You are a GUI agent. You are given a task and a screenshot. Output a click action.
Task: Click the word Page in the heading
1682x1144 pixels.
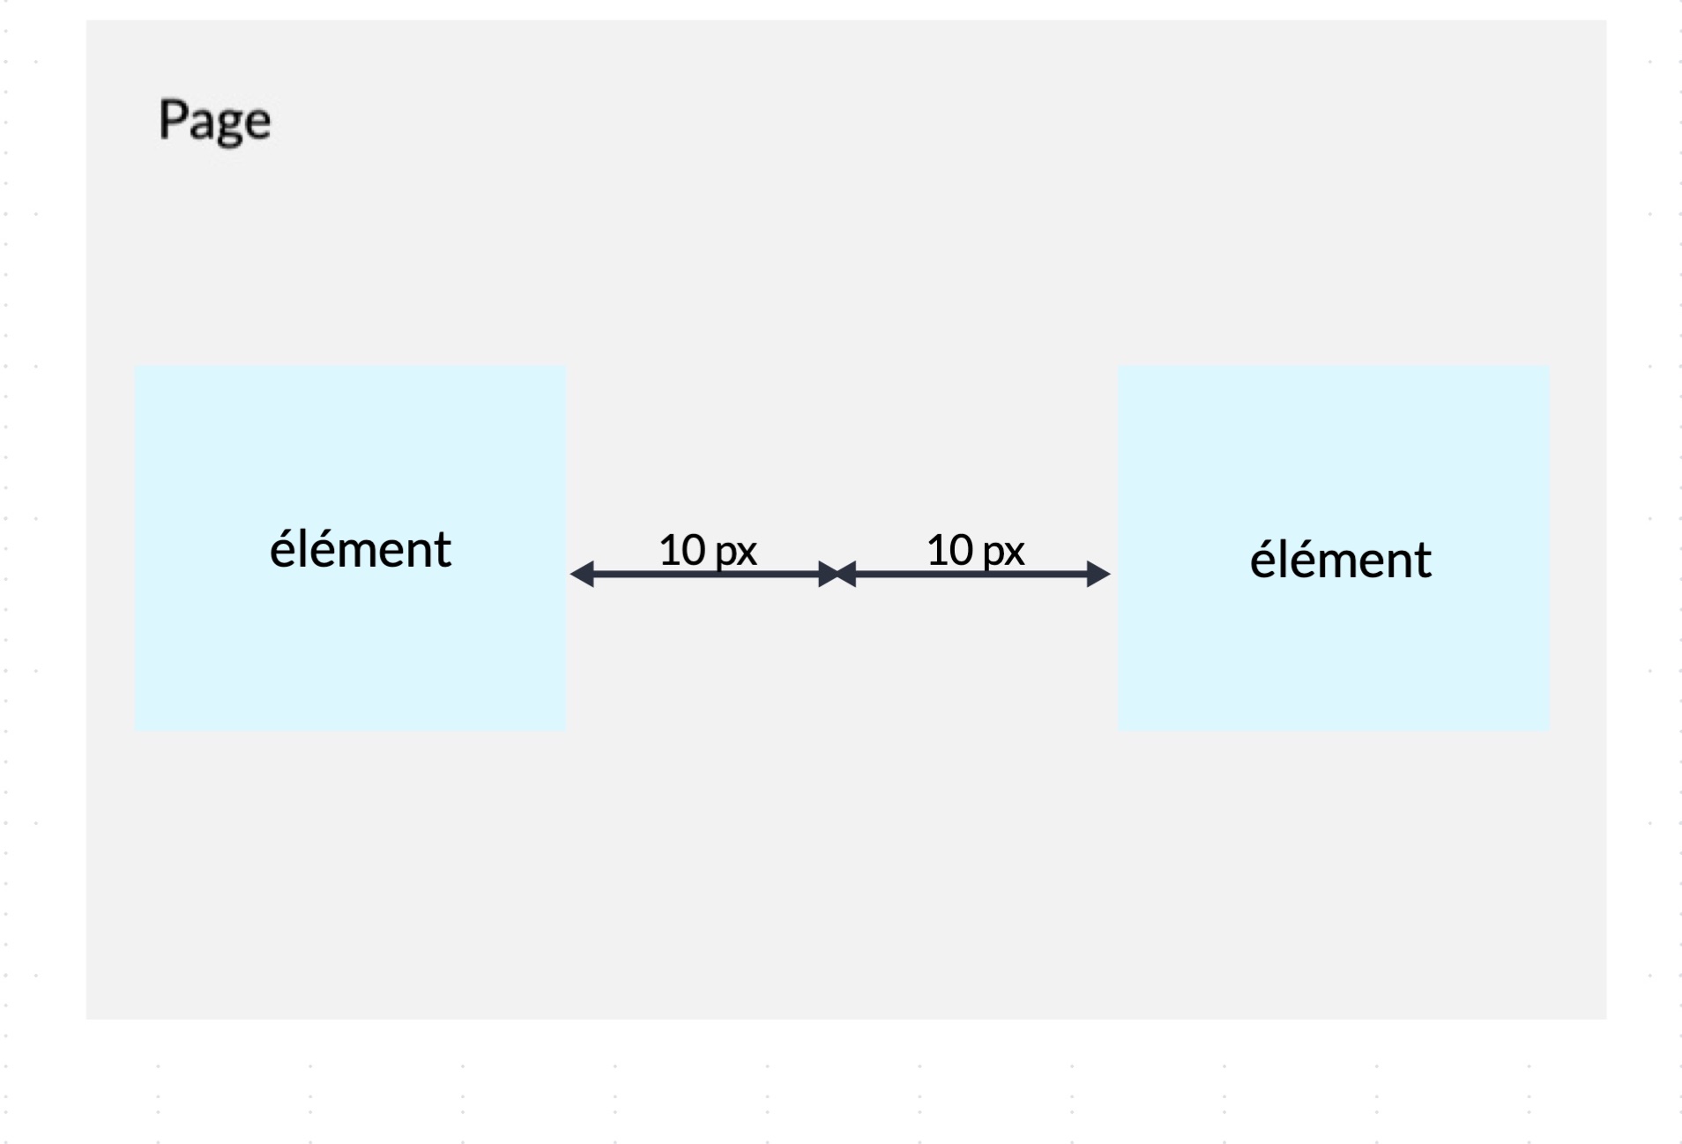[x=214, y=122]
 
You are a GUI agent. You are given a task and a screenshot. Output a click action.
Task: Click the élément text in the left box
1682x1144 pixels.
[x=361, y=548]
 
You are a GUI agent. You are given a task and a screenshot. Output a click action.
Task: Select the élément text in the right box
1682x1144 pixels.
[x=1341, y=558]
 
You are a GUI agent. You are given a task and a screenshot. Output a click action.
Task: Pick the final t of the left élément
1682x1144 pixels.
[x=443, y=551]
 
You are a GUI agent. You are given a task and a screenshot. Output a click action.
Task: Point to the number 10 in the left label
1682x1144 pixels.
[x=682, y=550]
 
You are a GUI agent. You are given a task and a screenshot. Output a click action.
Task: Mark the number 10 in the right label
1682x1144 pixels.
[x=950, y=550]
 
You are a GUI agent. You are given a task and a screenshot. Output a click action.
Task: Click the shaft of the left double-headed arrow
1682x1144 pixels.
[x=706, y=575]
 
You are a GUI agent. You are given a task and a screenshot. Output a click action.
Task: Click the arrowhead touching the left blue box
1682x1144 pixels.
[x=582, y=575]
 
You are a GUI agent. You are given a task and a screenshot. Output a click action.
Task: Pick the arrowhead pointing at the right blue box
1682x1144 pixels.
[x=1098, y=575]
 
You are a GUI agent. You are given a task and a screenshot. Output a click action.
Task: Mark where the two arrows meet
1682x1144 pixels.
[x=837, y=575]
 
